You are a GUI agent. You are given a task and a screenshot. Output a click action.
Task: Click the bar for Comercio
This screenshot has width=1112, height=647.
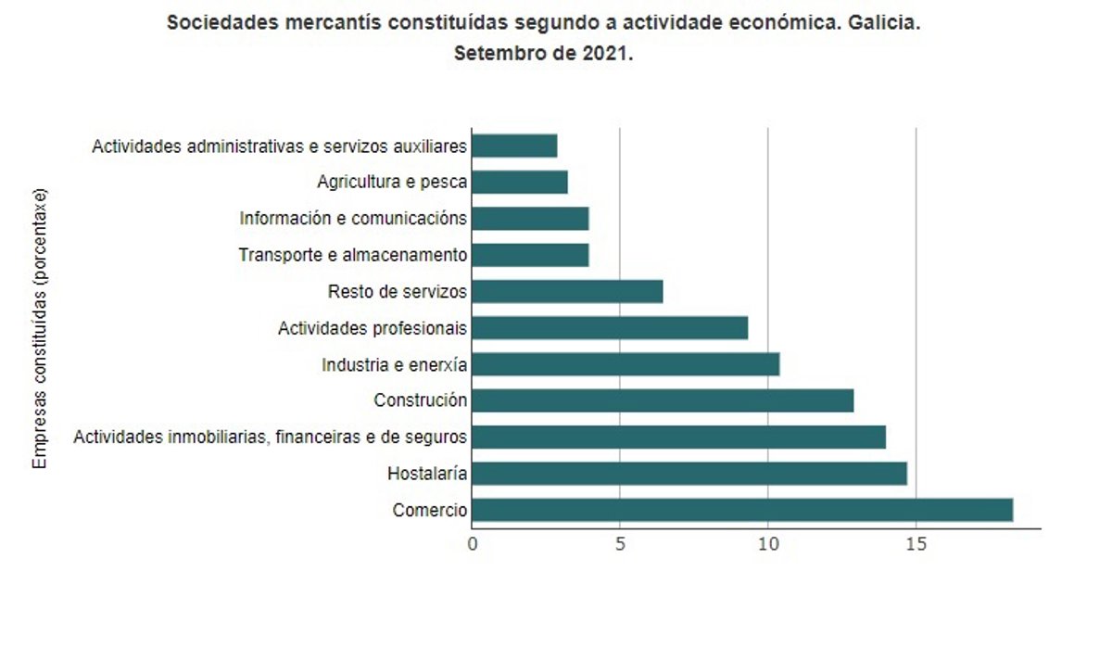741,510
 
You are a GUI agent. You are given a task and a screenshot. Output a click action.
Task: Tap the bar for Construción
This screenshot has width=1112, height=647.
662,400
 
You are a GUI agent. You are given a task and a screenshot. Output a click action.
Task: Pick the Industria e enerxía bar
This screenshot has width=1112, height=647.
625,364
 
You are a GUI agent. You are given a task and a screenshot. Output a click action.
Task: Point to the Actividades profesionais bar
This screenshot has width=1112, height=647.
609,328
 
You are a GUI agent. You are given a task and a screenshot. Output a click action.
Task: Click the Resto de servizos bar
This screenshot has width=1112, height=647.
566,291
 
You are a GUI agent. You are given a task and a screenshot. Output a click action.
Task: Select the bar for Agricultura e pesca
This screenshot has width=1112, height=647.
519,182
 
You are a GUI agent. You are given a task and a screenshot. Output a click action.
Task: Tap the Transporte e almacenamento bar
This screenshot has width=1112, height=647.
529,255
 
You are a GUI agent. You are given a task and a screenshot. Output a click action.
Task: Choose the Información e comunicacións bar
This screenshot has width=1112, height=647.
529,219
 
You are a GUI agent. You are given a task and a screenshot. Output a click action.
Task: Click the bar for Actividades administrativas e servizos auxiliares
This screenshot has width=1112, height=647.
513,146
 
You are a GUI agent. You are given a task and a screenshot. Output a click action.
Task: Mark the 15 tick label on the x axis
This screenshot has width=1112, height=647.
916,544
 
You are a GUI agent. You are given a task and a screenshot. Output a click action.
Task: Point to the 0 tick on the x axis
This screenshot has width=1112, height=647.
473,544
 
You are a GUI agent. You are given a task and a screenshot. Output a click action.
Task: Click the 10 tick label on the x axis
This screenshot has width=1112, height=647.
767,544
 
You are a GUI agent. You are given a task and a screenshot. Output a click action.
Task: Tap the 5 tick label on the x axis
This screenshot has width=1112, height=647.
620,544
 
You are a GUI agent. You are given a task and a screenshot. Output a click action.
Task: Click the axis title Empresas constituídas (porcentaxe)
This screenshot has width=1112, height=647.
40,329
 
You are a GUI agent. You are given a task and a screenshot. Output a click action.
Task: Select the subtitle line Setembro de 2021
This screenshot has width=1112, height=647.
543,53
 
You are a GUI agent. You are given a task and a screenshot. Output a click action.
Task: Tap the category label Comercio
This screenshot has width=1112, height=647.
430,511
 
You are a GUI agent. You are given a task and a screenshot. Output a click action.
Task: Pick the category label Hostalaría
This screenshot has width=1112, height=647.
427,475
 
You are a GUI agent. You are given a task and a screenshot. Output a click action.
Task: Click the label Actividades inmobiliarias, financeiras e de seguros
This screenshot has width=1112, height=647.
271,437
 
